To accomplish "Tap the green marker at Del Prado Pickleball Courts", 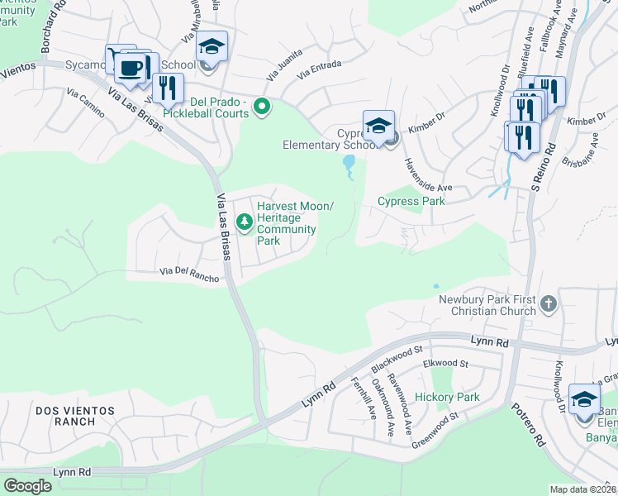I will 262,107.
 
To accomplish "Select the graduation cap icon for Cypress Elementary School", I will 378,126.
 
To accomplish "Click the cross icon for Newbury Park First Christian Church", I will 547,304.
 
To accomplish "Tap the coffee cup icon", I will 131,68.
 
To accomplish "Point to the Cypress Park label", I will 411,201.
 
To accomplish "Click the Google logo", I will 27,486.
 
